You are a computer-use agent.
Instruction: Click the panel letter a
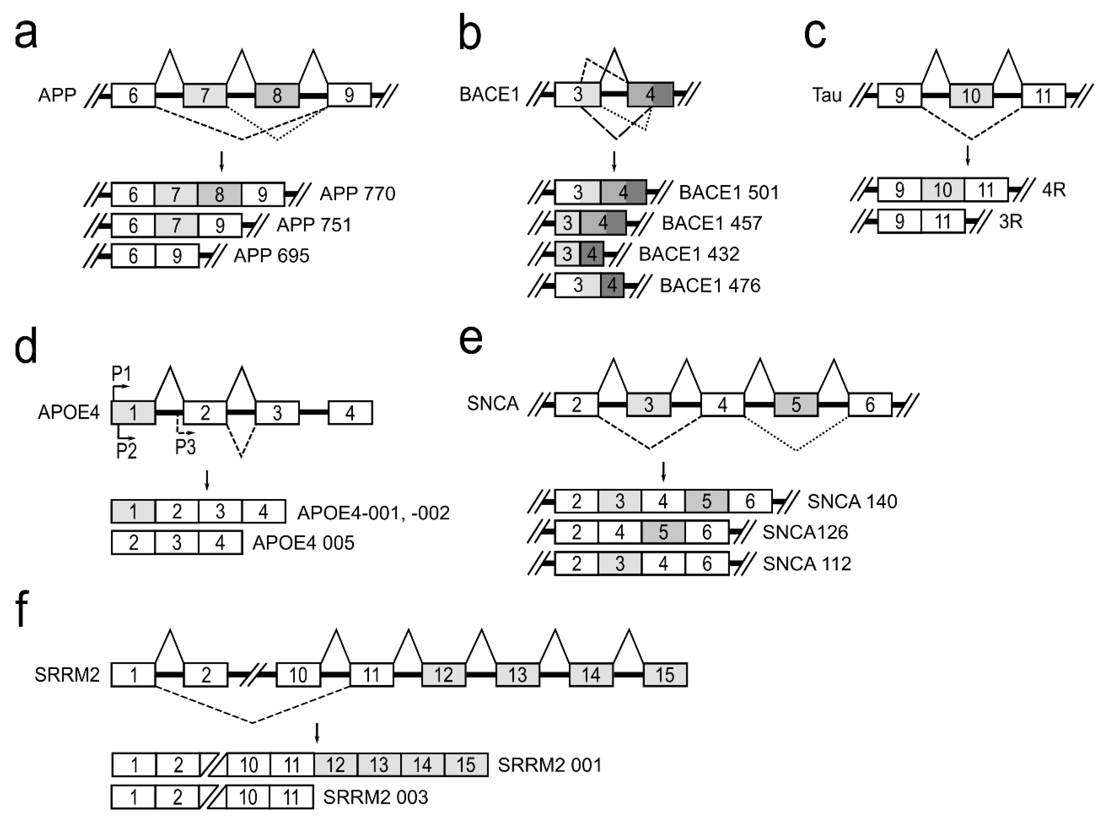(x=26, y=36)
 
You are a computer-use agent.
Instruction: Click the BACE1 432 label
(x=688, y=254)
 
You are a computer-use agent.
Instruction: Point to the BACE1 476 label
(x=710, y=285)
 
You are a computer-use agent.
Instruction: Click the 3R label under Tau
(x=1011, y=221)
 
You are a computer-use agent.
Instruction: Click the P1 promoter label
(x=121, y=373)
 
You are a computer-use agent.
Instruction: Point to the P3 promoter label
(x=185, y=447)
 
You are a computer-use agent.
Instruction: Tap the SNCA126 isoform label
(x=805, y=532)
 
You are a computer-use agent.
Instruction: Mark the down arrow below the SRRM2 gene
(x=317, y=733)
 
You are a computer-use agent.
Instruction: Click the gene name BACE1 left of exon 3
(x=489, y=94)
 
